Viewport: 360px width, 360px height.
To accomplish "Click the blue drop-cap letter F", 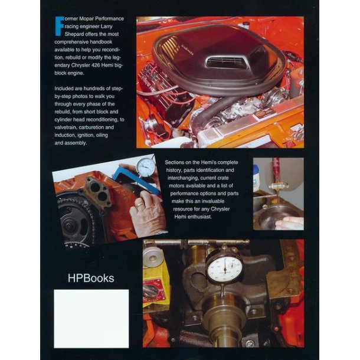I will pos(58,26).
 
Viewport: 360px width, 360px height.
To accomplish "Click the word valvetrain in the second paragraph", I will pos(72,126).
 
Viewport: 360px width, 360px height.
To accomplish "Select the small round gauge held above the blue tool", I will pos(145,166).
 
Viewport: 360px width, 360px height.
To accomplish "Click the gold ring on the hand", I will pos(139,204).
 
